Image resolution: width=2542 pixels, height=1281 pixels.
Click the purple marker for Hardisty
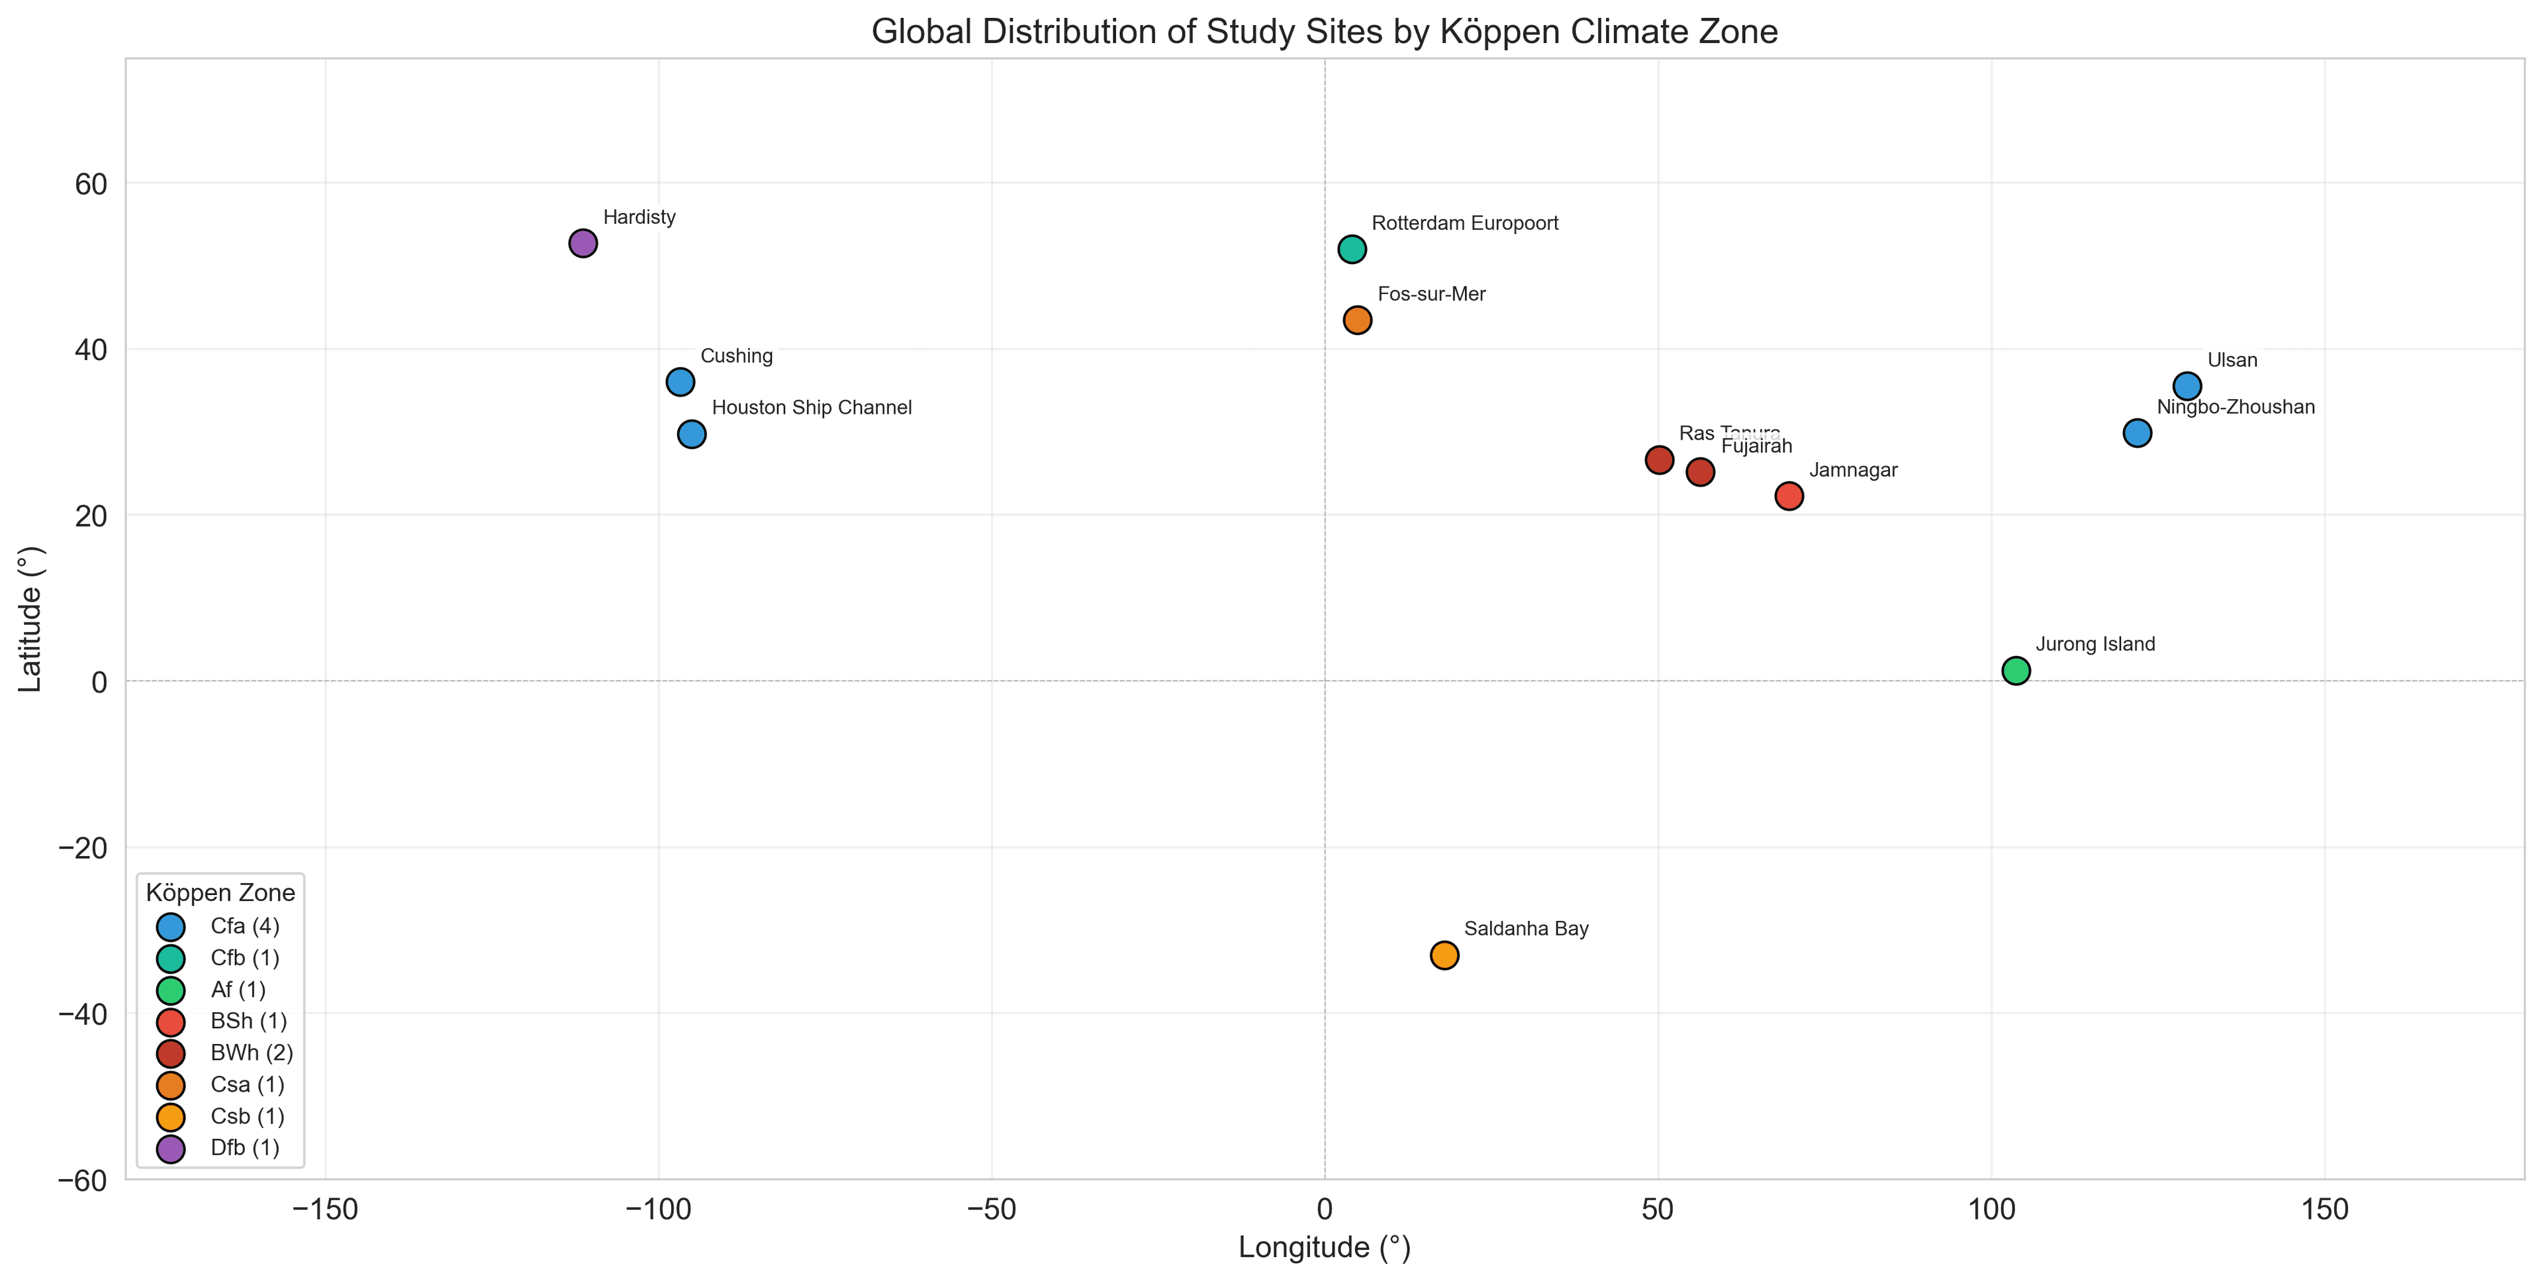point(583,244)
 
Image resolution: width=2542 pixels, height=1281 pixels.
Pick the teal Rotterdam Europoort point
point(1352,250)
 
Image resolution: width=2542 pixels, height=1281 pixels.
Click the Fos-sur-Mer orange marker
point(1358,320)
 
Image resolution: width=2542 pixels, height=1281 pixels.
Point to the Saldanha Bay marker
point(1444,955)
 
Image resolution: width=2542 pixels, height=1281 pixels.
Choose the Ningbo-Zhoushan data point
point(2138,433)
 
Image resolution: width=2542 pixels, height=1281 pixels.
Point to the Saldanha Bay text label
point(1527,929)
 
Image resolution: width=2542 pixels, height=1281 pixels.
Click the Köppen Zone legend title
point(220,893)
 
